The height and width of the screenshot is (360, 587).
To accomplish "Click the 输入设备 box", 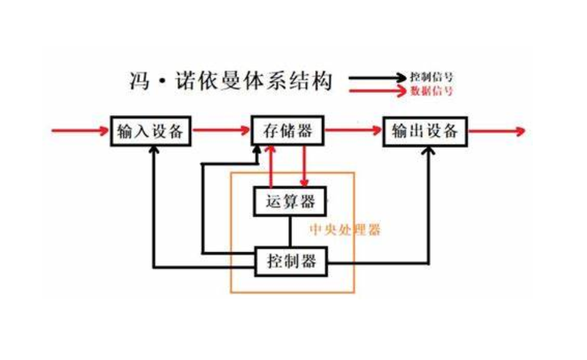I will tap(150, 131).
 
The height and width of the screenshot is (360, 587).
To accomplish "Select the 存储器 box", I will tap(287, 131).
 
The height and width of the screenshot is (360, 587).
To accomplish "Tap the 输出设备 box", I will tap(425, 131).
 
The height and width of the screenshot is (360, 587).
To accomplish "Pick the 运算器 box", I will tap(290, 202).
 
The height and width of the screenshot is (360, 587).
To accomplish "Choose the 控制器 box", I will tap(291, 261).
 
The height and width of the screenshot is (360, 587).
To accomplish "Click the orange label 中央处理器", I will tap(345, 230).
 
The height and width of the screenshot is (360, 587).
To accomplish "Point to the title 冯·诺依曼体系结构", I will tap(230, 81).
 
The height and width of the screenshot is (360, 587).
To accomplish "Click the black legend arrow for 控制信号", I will tap(376, 78).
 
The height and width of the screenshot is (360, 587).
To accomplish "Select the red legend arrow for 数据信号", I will tap(376, 91).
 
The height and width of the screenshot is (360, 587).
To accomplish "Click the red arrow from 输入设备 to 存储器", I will tap(220, 131).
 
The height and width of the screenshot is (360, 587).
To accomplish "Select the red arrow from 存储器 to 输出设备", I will tap(353, 131).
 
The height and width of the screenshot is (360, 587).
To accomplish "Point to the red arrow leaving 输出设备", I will tap(497, 131).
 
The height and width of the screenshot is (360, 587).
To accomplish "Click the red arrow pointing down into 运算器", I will tap(304, 168).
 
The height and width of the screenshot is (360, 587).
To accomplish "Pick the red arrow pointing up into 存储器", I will tap(271, 167).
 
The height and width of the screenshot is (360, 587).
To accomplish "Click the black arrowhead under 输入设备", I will tap(154, 151).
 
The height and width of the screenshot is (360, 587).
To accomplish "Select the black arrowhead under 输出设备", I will tap(429, 151).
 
